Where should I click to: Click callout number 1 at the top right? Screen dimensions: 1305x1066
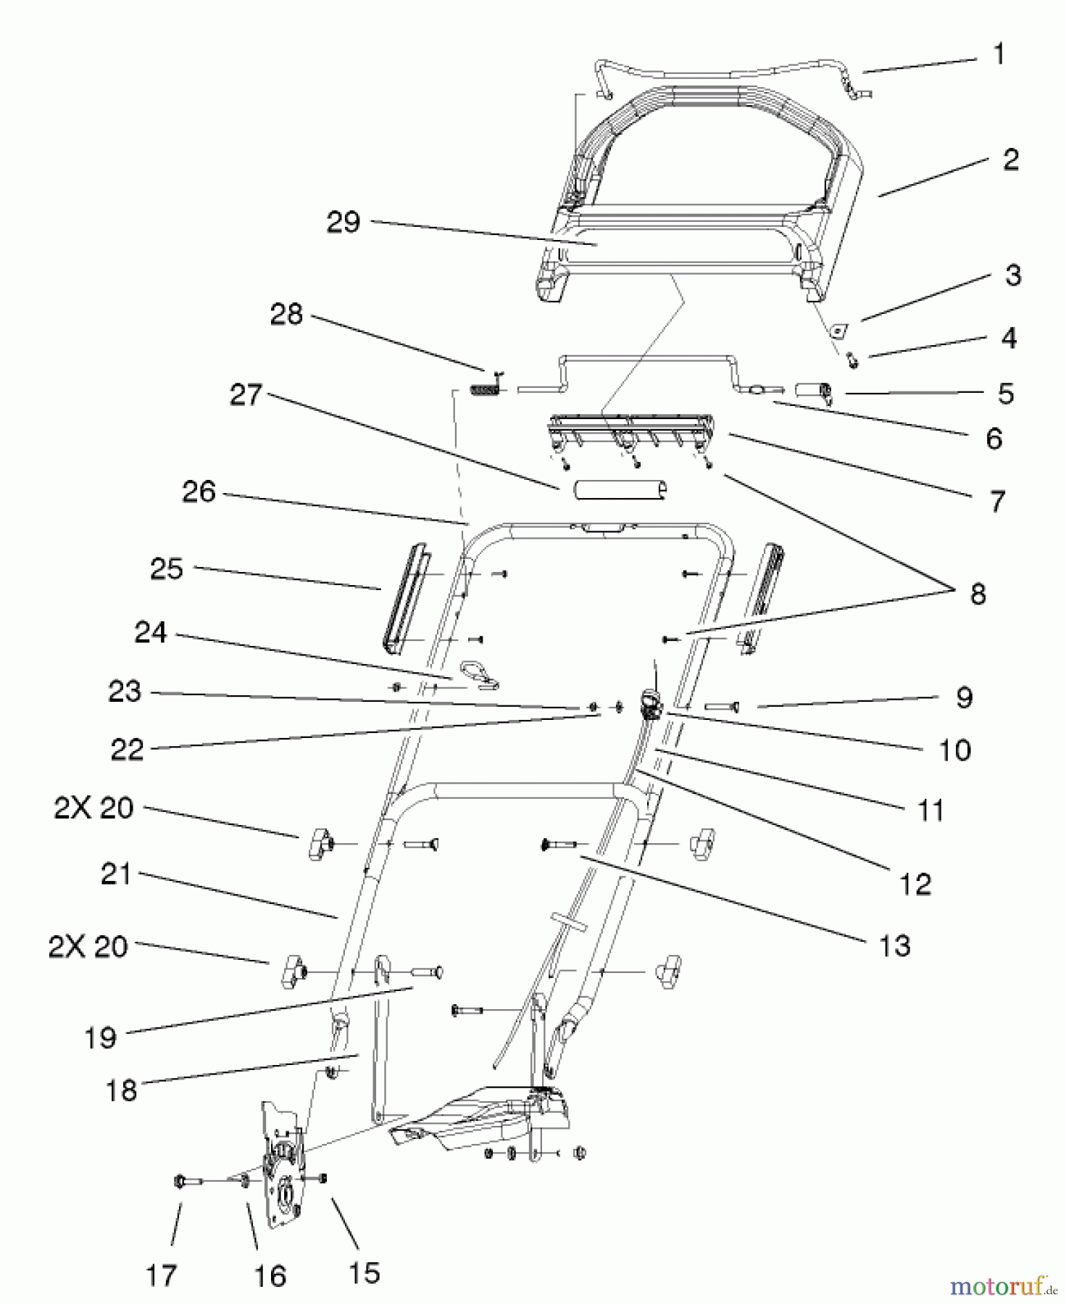point(999,54)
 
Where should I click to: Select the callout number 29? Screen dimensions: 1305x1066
point(343,222)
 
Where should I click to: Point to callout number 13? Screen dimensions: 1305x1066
point(894,945)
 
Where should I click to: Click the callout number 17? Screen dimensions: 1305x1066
point(161,1275)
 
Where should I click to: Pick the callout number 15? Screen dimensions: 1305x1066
point(364,1272)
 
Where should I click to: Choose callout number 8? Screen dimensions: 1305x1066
point(978,594)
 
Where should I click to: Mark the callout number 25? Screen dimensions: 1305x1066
point(167,569)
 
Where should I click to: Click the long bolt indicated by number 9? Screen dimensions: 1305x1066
point(720,705)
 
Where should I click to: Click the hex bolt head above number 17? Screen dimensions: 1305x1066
point(179,1182)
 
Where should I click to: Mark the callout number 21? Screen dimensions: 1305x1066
point(116,875)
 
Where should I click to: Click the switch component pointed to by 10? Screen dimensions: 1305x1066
point(649,704)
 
